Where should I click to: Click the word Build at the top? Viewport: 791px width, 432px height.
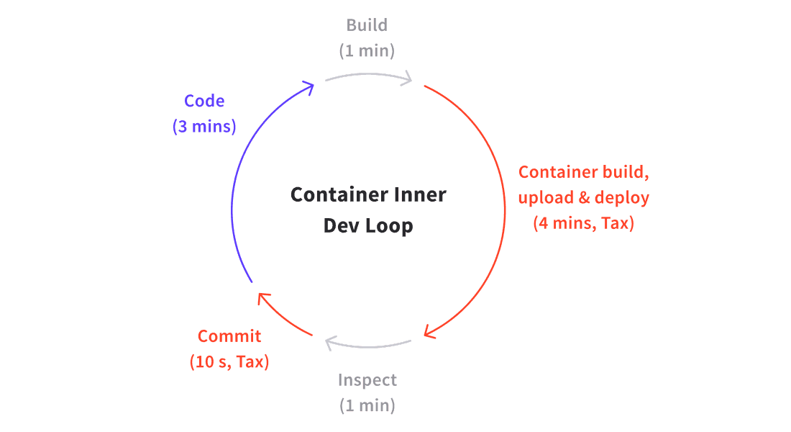(x=367, y=24)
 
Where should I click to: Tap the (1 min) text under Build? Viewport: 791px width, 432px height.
(x=367, y=50)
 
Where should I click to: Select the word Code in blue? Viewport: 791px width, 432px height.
(x=204, y=101)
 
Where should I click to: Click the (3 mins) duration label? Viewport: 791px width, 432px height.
(x=204, y=126)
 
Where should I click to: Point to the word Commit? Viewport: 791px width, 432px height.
(x=229, y=336)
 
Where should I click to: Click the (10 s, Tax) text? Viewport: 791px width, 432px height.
(x=229, y=361)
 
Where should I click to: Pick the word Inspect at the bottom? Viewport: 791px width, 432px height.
(x=367, y=380)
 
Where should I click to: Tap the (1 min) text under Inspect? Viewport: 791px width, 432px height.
(x=367, y=405)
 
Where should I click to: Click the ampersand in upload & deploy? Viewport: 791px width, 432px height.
(x=584, y=197)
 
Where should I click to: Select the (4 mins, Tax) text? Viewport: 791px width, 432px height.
(x=584, y=222)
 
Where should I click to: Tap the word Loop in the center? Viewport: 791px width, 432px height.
(x=390, y=225)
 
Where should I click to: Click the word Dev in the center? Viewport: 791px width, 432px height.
(x=342, y=225)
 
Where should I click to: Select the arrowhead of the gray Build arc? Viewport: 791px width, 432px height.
(x=406, y=78)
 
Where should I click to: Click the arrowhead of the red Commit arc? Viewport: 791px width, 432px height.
(x=262, y=298)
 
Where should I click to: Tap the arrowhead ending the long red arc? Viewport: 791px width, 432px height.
(x=429, y=331)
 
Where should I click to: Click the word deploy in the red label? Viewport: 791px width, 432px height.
(x=622, y=197)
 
